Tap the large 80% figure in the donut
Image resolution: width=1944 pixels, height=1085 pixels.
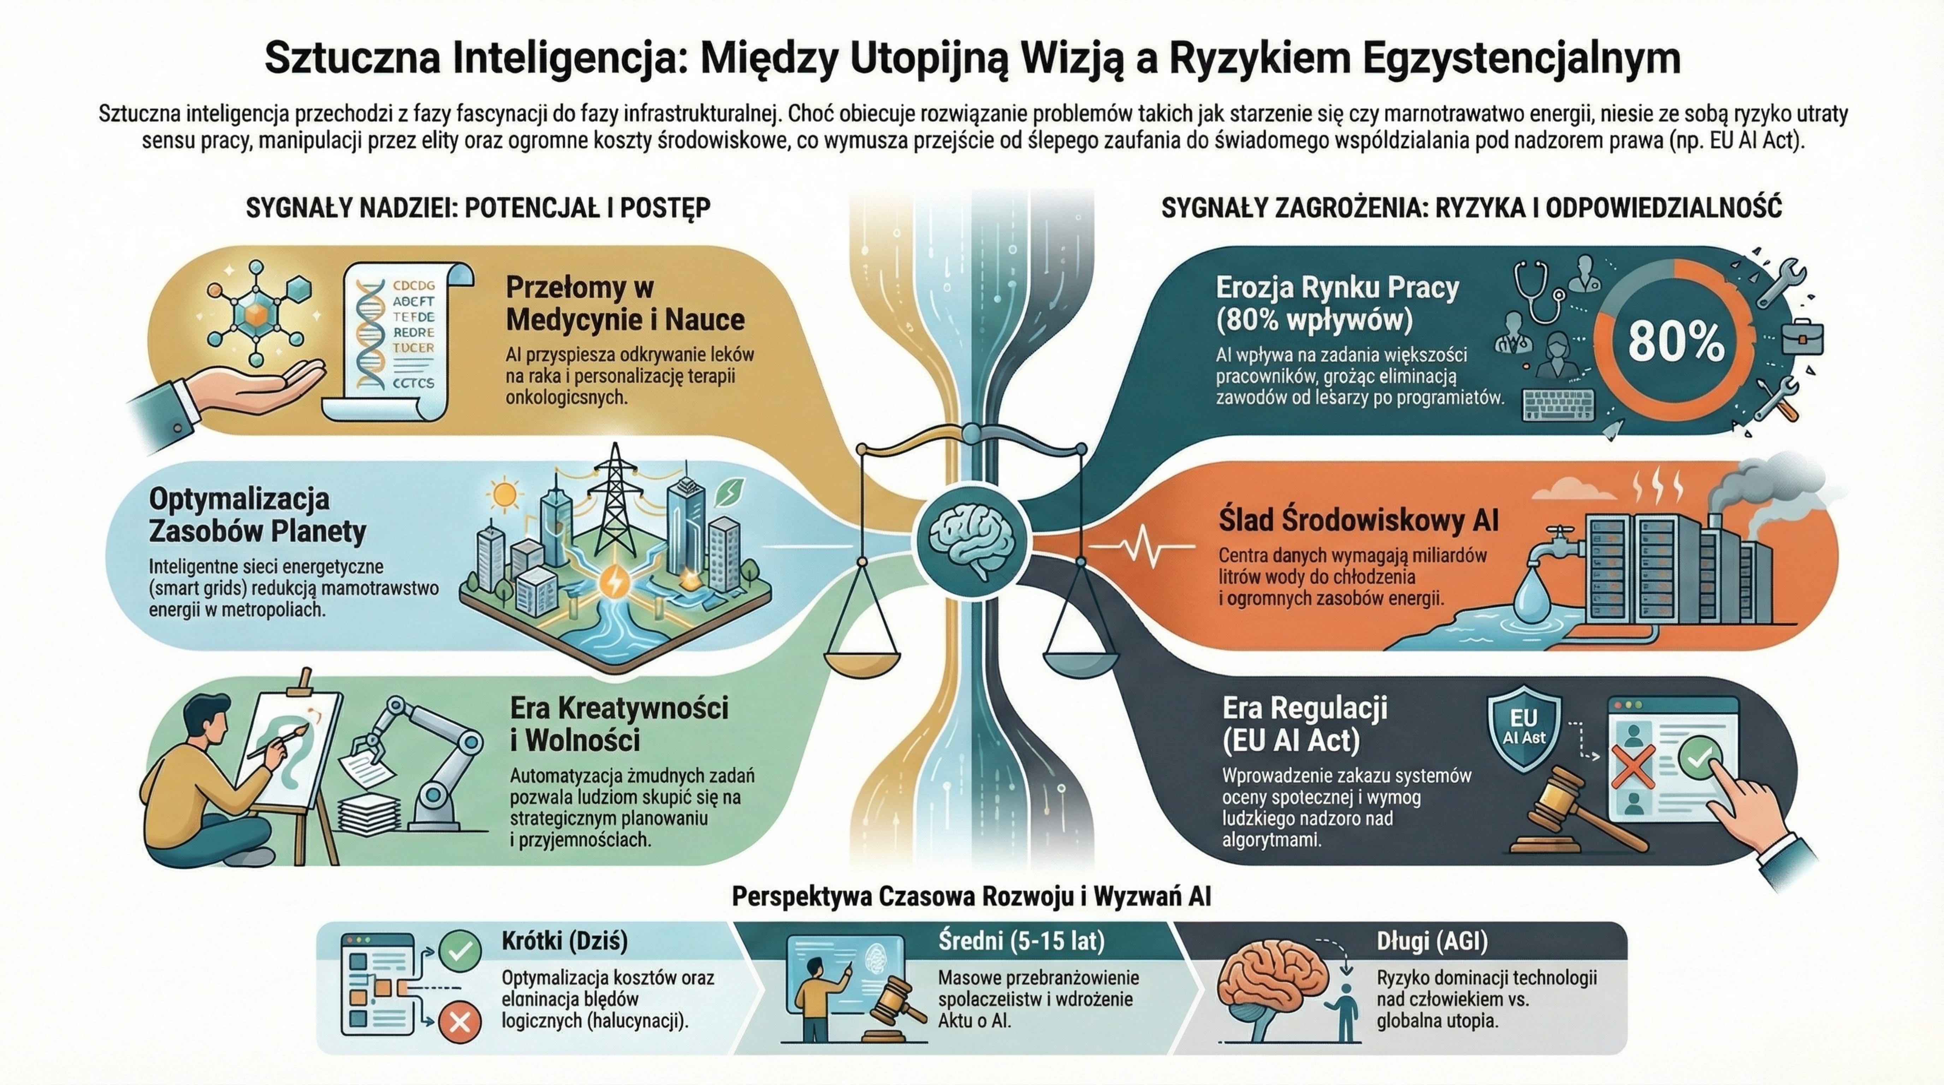(1675, 342)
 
